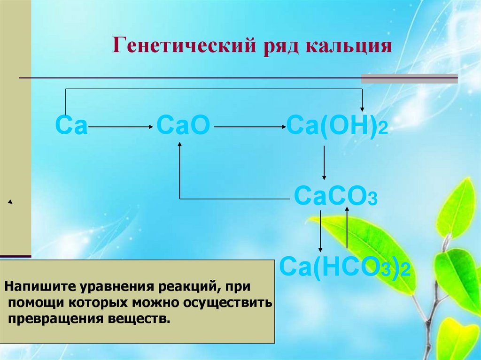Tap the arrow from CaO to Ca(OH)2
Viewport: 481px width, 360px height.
(249, 127)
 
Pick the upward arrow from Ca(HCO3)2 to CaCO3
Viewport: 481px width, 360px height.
(347, 228)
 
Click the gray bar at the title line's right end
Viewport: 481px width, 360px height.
(409, 78)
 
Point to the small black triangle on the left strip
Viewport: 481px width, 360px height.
(9, 202)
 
